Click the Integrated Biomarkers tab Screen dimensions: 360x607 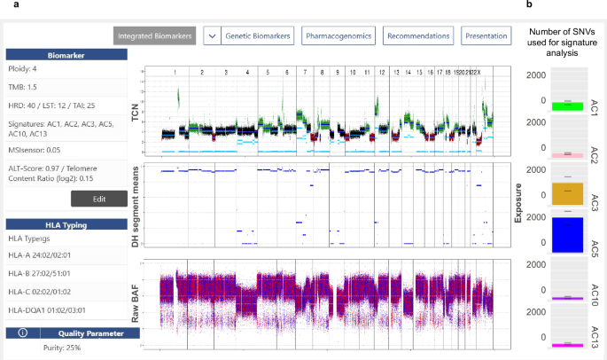coord(155,35)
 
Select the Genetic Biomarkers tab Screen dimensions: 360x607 coord(257,35)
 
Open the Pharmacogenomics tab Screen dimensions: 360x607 coord(339,35)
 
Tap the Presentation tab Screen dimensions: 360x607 coord(486,35)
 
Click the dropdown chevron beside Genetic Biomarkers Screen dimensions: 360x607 coord(212,35)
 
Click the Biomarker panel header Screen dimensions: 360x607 coord(67,55)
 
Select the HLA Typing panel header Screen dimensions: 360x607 coord(67,224)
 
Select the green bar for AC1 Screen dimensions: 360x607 coord(553,106)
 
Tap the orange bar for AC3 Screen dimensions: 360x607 coord(553,193)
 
